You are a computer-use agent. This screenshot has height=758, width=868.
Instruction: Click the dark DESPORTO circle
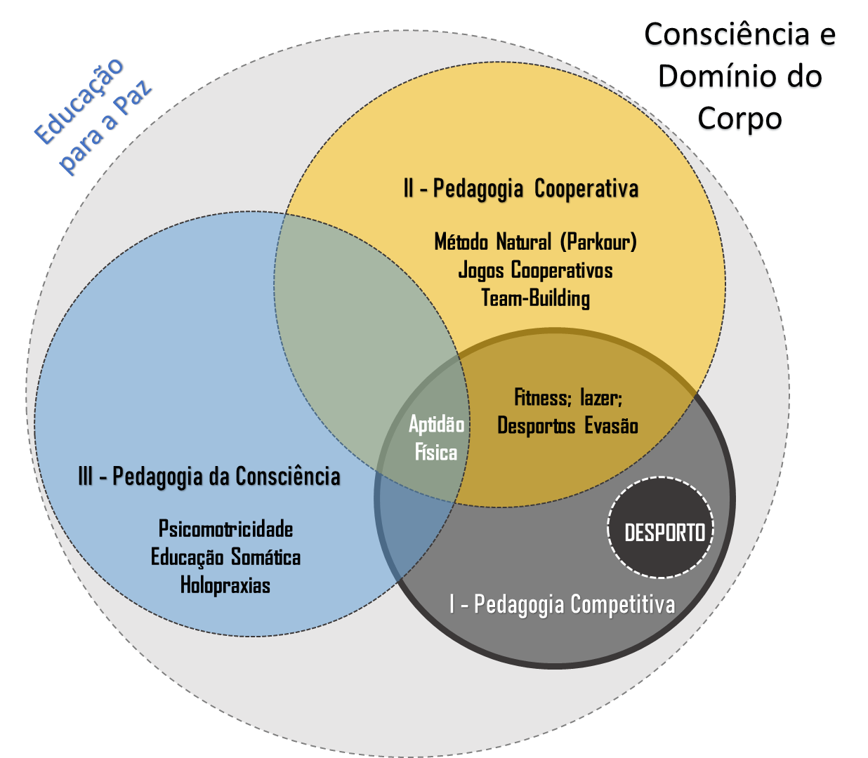coord(660,528)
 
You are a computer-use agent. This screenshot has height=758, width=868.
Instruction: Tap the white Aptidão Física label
coord(436,438)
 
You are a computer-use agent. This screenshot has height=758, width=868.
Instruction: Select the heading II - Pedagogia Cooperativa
coord(520,188)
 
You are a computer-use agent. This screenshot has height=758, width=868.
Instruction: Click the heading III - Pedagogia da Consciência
coord(209,476)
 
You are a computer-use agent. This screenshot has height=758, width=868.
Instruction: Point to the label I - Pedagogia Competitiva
coord(562,604)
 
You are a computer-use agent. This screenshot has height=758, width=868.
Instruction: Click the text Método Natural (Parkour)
coord(535,242)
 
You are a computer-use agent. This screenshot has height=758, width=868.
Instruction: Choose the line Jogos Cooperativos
coord(535,270)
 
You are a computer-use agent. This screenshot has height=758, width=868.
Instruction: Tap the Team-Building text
coord(535,298)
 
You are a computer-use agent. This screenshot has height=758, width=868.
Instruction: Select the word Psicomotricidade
coord(225,528)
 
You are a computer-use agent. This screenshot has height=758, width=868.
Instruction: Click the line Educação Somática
coord(225,557)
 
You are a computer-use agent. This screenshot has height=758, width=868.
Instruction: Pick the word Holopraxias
coord(225,585)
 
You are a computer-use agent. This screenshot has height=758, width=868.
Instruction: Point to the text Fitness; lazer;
coord(568,398)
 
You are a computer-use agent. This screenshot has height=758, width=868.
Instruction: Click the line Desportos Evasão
coord(567,425)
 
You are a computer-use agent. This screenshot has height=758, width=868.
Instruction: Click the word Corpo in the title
coord(739,120)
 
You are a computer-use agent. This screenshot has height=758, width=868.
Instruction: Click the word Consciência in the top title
coord(726,36)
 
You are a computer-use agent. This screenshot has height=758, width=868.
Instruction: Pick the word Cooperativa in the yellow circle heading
coord(586,188)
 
